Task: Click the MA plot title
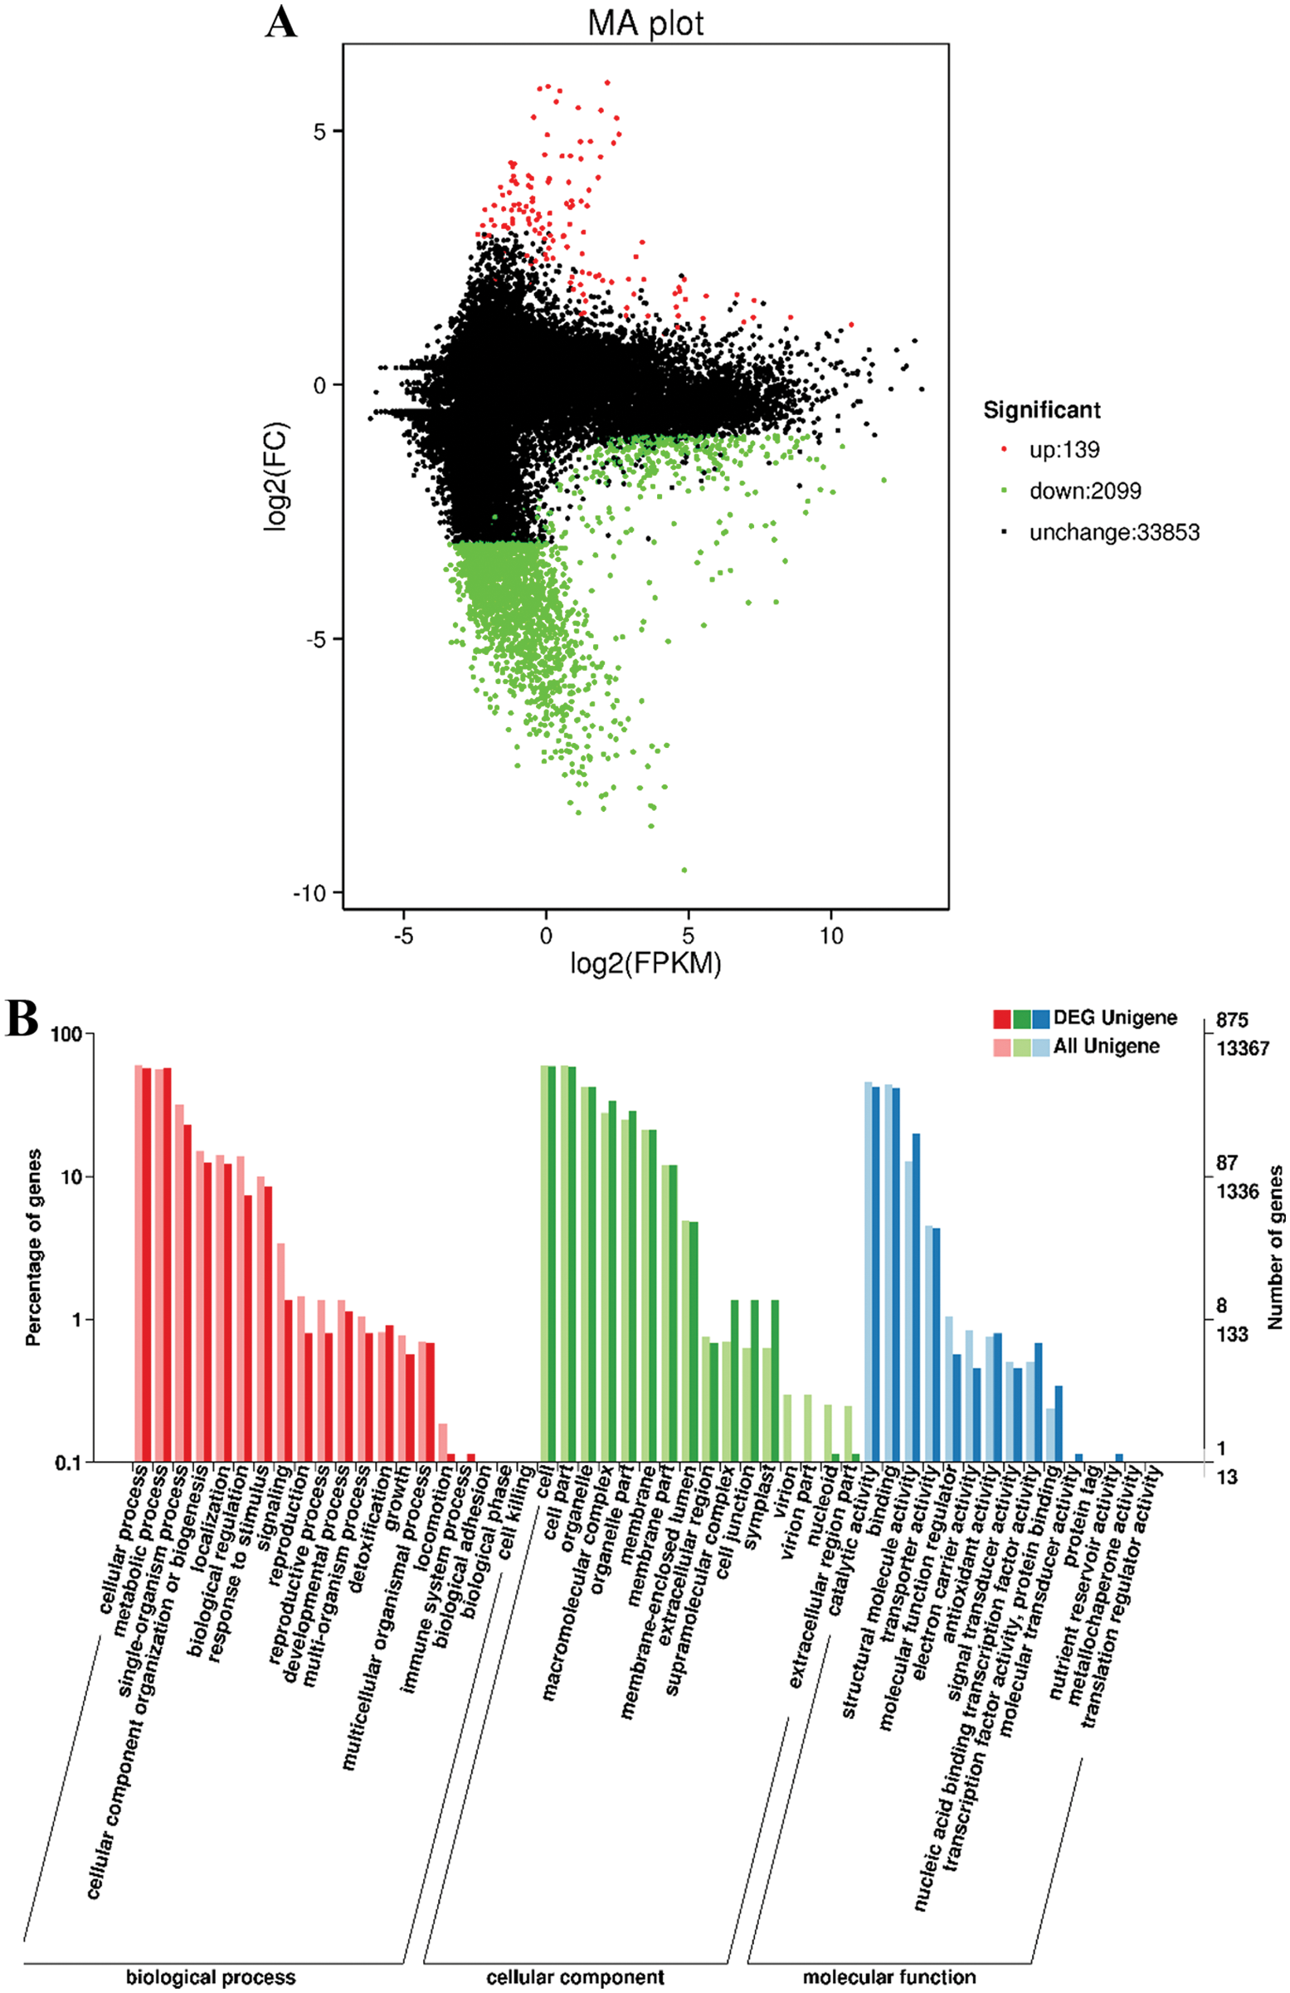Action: pyautogui.click(x=645, y=22)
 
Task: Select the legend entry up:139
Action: pyautogui.click(x=1064, y=450)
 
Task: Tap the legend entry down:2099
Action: pyautogui.click(x=1085, y=491)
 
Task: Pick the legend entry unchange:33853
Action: pyautogui.click(x=1114, y=533)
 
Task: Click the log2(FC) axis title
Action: pyautogui.click(x=276, y=476)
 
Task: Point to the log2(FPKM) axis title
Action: pyautogui.click(x=645, y=964)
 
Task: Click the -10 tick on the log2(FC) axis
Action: pyautogui.click(x=308, y=892)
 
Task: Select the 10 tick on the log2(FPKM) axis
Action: pyautogui.click(x=831, y=935)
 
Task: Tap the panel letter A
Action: pyautogui.click(x=281, y=22)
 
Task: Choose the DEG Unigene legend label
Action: pyautogui.click(x=1115, y=1018)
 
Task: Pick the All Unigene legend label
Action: pyautogui.click(x=1106, y=1046)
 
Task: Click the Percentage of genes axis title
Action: pyautogui.click(x=33, y=1248)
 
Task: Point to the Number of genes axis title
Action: pyautogui.click(x=1275, y=1248)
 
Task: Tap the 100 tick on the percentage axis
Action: pyautogui.click(x=67, y=1034)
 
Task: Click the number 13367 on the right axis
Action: pyautogui.click(x=1242, y=1048)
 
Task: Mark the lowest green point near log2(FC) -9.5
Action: pyautogui.click(x=684, y=870)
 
